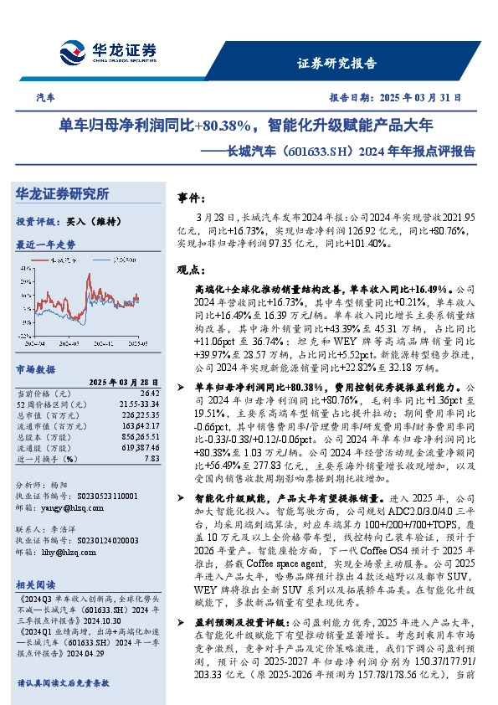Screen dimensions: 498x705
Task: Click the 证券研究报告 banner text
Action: [x=336, y=64]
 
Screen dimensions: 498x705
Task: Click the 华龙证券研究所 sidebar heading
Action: [x=63, y=194]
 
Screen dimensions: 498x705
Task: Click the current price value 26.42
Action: [x=147, y=392]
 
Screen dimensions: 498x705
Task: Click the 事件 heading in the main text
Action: [x=192, y=198]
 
